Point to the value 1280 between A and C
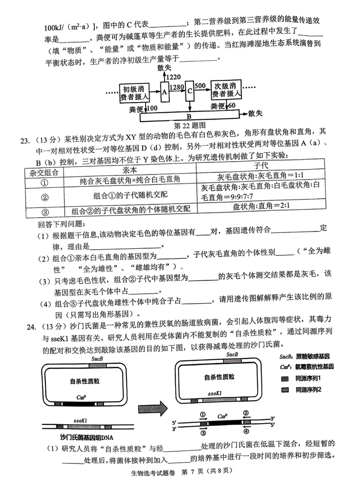pyautogui.click(x=177, y=87)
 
